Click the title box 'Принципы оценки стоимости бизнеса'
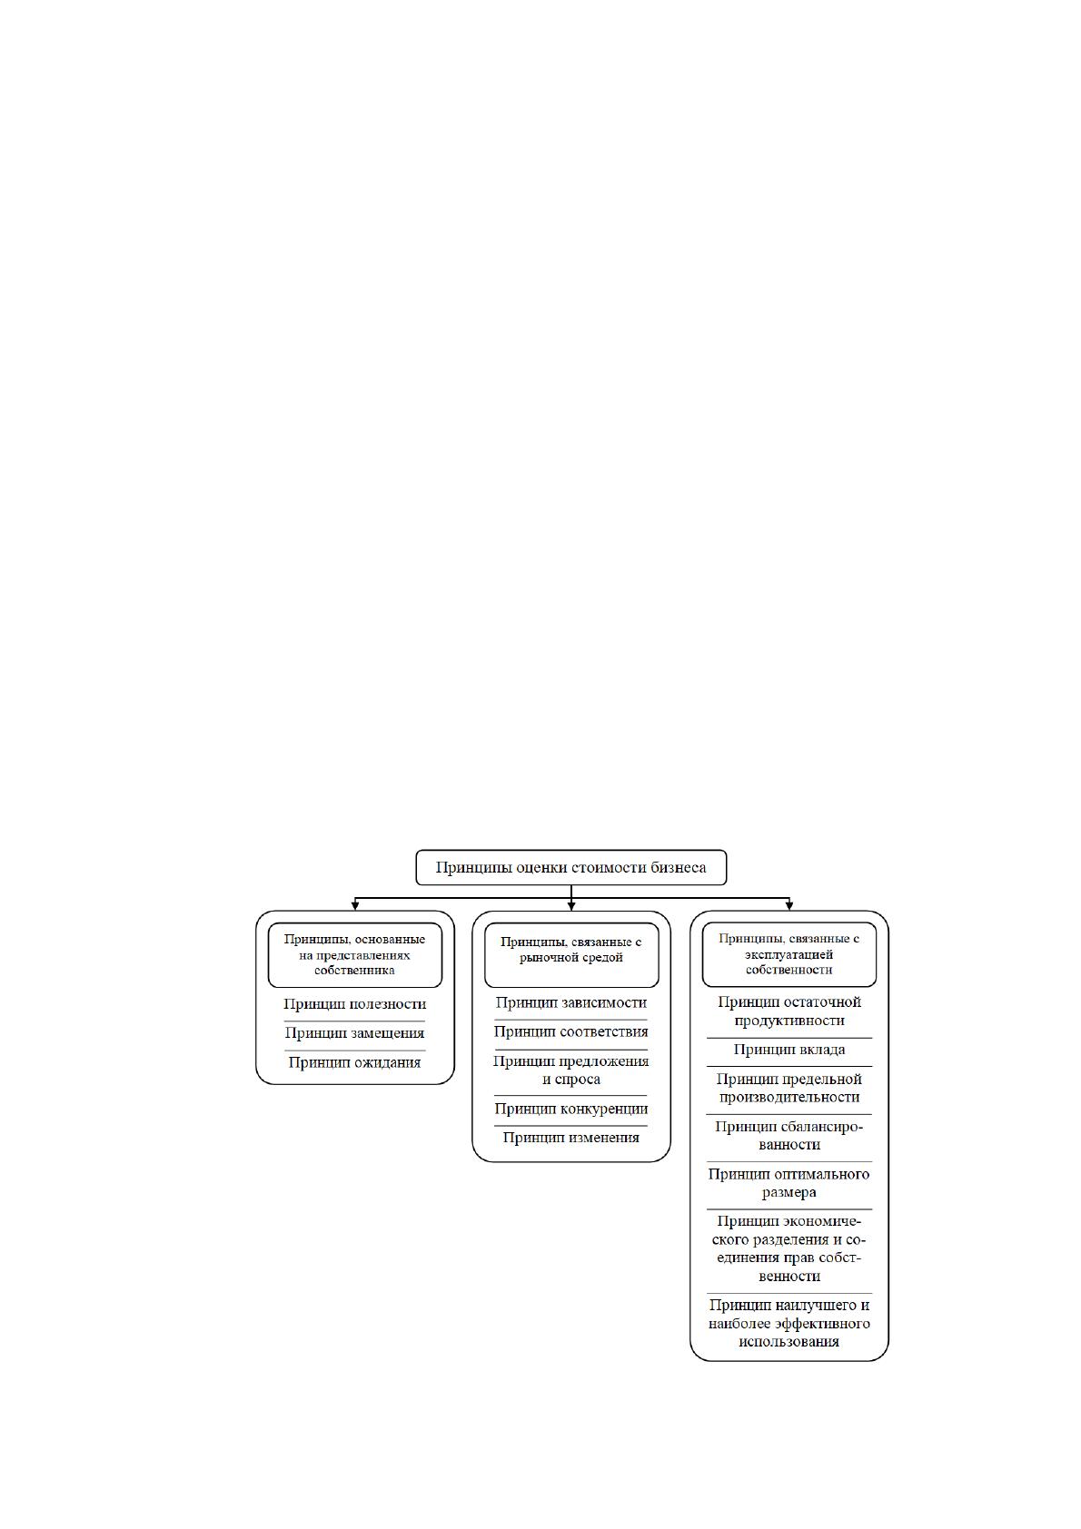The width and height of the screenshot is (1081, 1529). click(570, 868)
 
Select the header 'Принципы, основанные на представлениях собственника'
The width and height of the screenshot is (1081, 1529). click(354, 955)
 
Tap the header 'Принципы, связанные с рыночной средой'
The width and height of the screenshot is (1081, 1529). click(571, 955)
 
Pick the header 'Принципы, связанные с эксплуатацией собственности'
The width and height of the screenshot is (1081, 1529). click(788, 954)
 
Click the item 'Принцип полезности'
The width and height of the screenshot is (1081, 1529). click(355, 1004)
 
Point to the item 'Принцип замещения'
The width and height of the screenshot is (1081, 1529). click(355, 1033)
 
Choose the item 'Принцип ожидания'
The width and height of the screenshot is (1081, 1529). click(355, 1063)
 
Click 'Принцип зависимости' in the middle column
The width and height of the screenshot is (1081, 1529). click(570, 1002)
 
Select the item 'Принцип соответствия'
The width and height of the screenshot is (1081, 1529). click(570, 1031)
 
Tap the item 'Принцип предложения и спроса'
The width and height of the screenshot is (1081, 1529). click(570, 1070)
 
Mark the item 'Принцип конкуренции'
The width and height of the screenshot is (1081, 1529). click(570, 1110)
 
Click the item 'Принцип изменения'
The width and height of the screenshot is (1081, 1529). click(570, 1138)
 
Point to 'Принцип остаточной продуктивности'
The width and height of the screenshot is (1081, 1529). click(789, 1011)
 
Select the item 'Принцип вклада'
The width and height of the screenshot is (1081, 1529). click(789, 1050)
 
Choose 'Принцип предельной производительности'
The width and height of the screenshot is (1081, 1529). click(789, 1088)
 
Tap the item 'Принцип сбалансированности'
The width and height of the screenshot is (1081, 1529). click(789, 1136)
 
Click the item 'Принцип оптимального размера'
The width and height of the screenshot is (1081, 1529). click(788, 1184)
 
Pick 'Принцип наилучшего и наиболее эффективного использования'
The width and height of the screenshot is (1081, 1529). click(789, 1324)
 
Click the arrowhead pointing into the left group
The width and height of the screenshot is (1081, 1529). click(355, 906)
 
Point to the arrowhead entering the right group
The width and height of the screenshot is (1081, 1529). click(789, 906)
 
